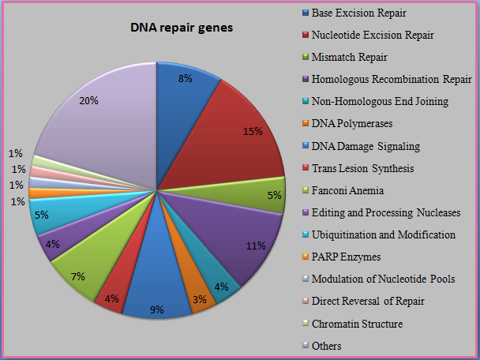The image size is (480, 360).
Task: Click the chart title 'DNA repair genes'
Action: [182, 28]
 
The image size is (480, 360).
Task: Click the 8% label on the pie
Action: [186, 79]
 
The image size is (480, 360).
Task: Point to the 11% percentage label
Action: [256, 246]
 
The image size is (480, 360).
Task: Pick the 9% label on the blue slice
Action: [157, 309]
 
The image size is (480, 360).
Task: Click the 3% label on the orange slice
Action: [200, 299]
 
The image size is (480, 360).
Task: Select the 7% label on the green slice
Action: [77, 277]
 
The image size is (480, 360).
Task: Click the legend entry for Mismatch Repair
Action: [349, 58]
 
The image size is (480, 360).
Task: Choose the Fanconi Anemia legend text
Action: [347, 190]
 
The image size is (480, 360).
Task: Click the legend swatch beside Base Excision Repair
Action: [306, 13]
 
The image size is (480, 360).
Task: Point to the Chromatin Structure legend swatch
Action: [306, 324]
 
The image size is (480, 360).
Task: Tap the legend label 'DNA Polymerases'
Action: [352, 124]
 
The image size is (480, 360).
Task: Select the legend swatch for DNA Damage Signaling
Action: [306, 146]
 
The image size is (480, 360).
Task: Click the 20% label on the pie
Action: [88, 101]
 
